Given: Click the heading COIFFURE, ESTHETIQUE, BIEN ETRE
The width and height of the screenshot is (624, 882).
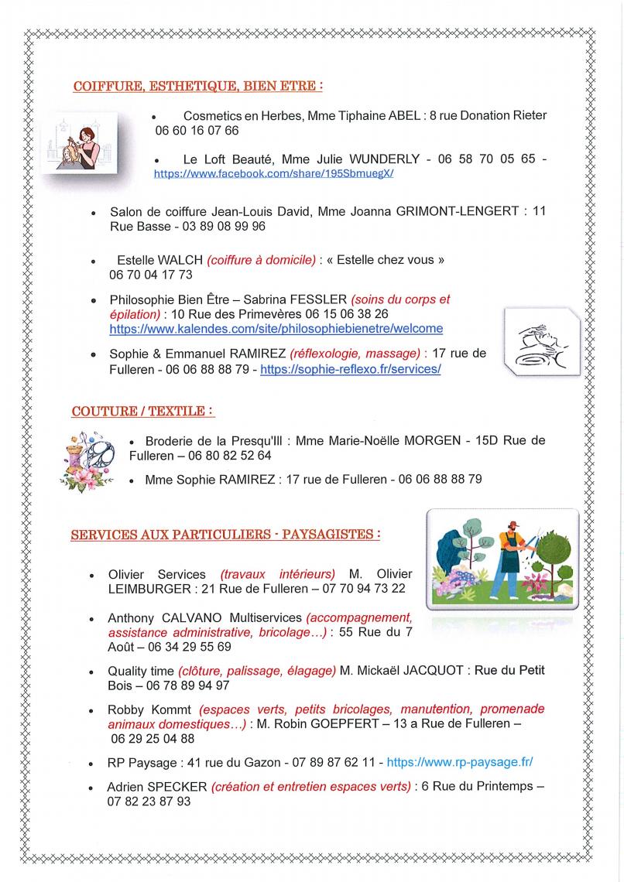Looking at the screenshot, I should coord(197,86).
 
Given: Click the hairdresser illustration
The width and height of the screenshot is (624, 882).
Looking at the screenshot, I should coord(80,142).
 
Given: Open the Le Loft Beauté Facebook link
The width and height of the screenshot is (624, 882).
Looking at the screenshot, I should coord(274,174).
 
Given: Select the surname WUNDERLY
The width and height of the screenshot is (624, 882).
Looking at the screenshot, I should coord(385,159).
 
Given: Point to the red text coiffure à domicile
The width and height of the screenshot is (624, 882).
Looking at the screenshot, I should coord(262,260).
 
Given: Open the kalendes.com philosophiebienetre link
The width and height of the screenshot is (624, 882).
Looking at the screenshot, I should coord(276,329).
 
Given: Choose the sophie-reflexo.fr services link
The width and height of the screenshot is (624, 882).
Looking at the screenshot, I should coord(350,370).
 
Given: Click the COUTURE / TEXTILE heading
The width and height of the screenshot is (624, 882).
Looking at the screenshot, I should coord(142,411).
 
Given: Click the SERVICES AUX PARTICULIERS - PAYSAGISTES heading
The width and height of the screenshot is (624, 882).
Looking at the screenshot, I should coord(225,534).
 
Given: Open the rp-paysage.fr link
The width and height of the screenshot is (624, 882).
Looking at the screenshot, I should coord(459,762).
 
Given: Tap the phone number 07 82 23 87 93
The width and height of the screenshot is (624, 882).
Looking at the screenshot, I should coord(149,802).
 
